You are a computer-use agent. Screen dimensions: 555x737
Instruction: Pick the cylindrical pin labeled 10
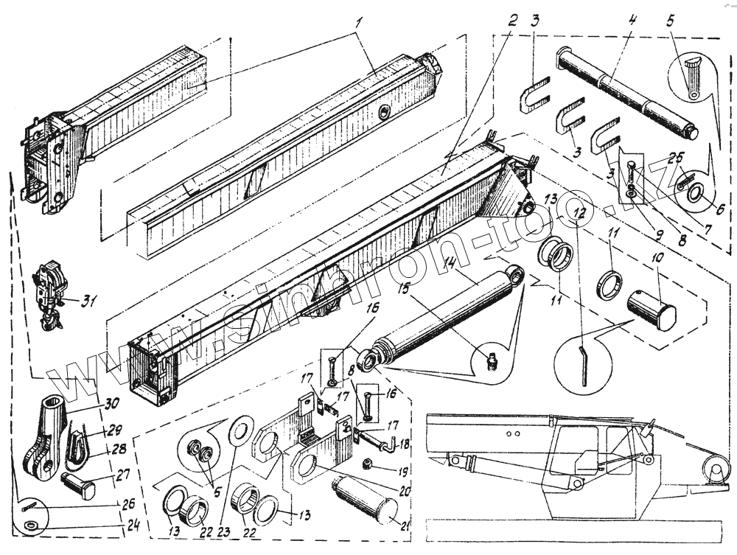click(x=651, y=308)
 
